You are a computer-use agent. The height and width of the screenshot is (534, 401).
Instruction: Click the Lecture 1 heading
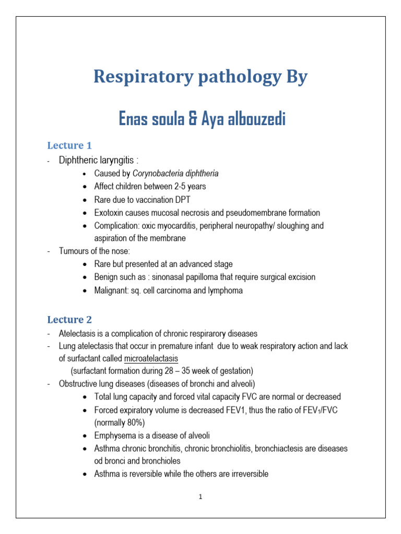click(66, 145)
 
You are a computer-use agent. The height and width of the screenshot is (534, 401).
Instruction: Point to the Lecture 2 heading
click(66, 320)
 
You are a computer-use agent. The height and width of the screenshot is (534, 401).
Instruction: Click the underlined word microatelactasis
click(151, 359)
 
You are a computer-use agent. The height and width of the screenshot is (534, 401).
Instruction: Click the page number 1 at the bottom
click(200, 497)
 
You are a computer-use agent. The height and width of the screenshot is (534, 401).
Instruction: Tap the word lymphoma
click(226, 290)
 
